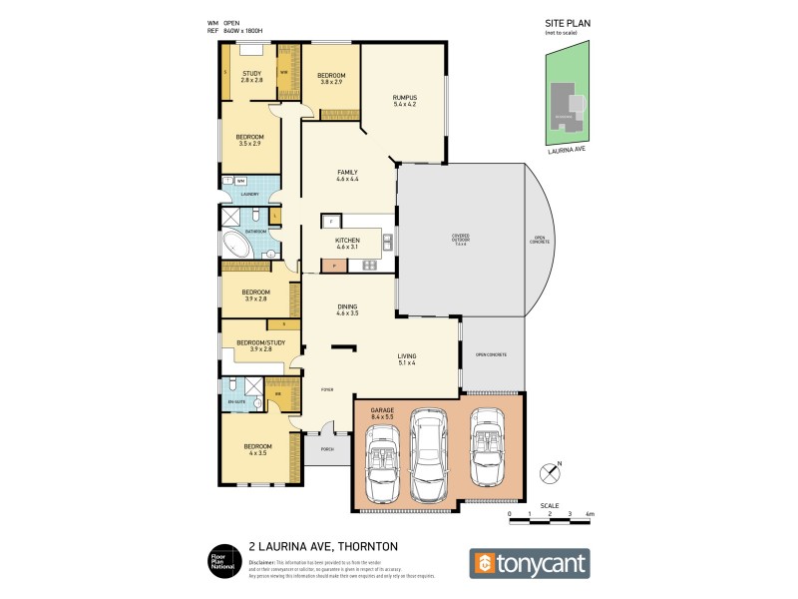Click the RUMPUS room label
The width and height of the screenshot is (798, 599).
[x=403, y=96]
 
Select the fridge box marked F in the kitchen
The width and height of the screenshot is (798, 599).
[x=330, y=220]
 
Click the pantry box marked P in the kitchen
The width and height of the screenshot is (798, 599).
[x=332, y=266]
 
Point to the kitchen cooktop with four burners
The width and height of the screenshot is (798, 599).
[x=368, y=265]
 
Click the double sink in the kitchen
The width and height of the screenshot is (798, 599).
[x=386, y=241]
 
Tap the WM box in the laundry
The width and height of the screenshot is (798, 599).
[x=241, y=181]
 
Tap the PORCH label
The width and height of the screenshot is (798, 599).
[x=326, y=449]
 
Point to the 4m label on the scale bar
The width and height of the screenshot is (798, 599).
[x=590, y=514]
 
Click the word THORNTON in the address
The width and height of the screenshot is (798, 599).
[x=369, y=547]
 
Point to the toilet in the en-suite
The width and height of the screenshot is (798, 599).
[x=231, y=384]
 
